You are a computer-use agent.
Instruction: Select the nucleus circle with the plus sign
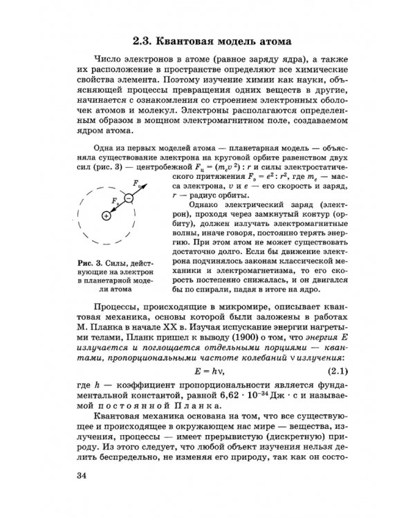click(106, 216)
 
